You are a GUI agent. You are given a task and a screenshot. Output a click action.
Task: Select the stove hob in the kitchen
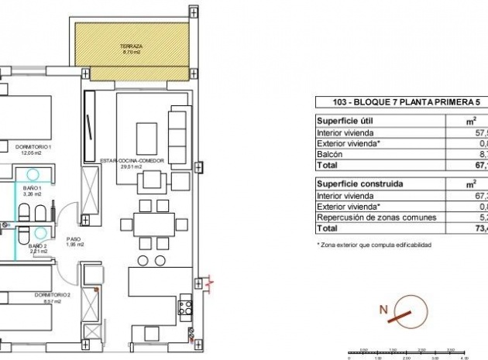pos(186,308)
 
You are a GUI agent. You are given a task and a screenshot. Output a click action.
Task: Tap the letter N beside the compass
pos(382,310)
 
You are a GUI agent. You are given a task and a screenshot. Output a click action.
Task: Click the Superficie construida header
pos(355,184)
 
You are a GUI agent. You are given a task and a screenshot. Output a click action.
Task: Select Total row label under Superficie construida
pos(328,228)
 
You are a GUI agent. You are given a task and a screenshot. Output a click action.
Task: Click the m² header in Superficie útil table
pos(470,121)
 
